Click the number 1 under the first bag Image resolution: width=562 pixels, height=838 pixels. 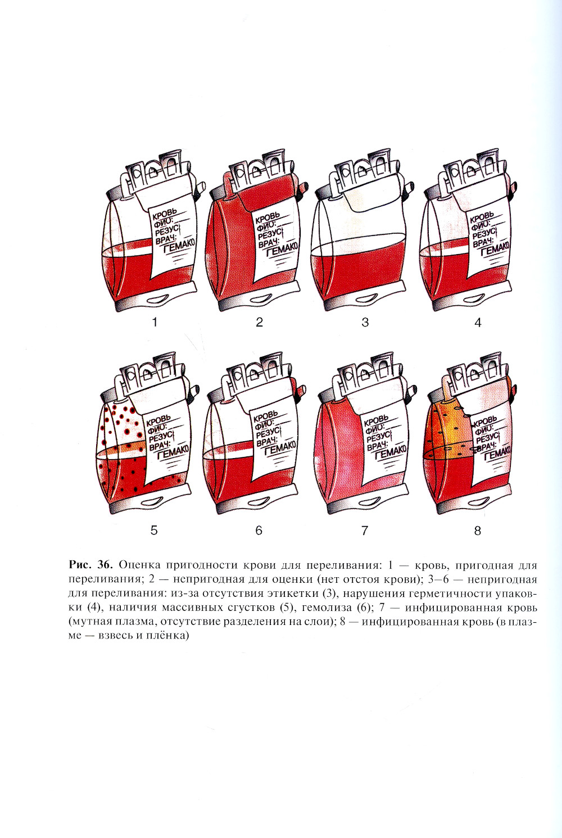click(x=155, y=322)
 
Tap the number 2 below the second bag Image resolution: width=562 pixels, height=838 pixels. click(x=259, y=322)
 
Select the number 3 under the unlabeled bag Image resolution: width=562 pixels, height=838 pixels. click(x=365, y=322)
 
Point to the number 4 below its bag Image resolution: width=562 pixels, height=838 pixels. click(x=478, y=322)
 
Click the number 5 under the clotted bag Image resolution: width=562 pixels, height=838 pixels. click(x=154, y=530)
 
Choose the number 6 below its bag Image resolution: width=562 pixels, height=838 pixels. click(x=259, y=530)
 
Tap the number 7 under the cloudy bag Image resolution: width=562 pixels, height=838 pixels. click(x=365, y=530)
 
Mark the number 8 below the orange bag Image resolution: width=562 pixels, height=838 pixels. click(x=478, y=530)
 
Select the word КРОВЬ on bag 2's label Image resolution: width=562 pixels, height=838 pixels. click(x=267, y=218)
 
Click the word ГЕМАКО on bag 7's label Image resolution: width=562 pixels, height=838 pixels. click(x=390, y=452)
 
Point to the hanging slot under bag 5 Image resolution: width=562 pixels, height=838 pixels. click(x=152, y=502)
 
